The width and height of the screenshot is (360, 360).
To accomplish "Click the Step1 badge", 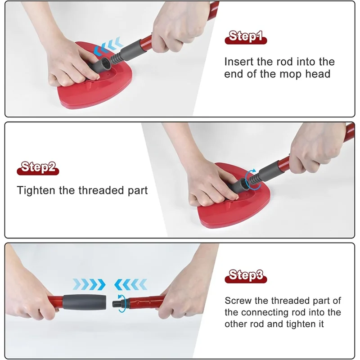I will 246,36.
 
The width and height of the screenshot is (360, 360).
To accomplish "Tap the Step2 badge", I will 38,168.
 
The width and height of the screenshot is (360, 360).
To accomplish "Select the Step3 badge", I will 246,275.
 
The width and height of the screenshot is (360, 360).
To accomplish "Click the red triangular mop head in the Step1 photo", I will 81,97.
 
